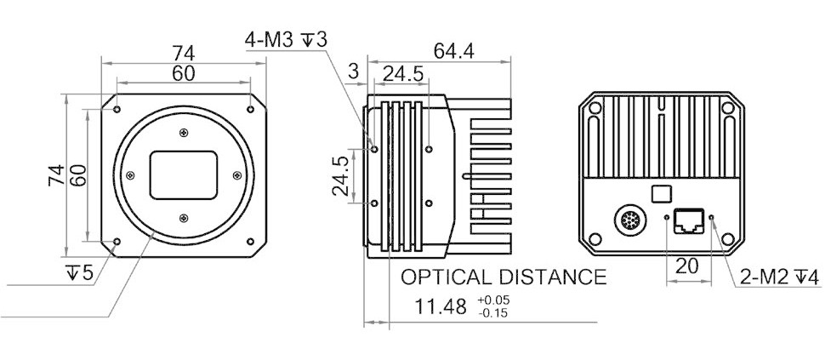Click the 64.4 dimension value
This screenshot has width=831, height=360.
(x=453, y=51)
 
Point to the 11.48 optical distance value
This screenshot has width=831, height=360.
(x=441, y=306)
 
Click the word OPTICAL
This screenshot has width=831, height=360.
(x=444, y=277)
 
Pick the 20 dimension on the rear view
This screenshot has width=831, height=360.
(x=687, y=266)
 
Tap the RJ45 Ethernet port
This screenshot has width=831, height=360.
(x=688, y=221)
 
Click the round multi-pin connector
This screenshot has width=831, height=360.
(x=630, y=220)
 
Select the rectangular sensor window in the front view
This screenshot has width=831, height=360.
(x=184, y=175)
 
